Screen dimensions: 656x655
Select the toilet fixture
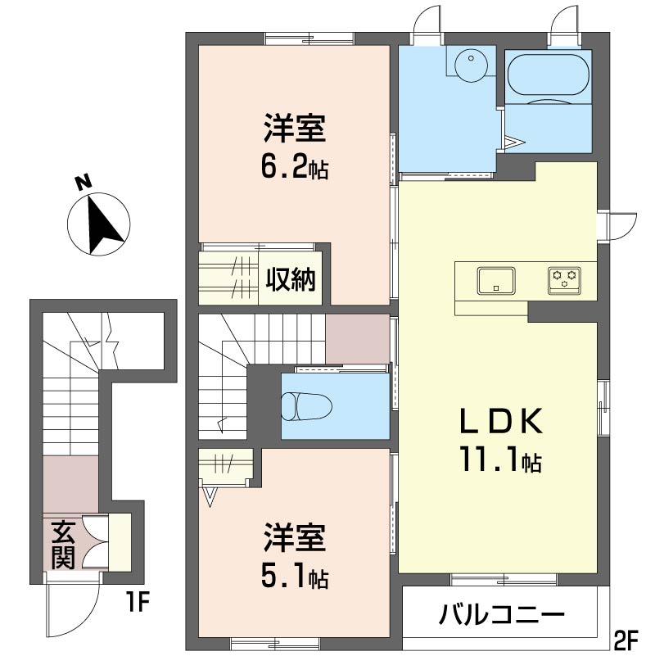[305, 405]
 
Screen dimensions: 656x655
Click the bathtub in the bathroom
[547, 76]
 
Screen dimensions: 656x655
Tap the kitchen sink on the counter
[495, 281]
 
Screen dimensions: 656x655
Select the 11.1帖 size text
[499, 463]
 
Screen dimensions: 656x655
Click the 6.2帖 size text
[295, 169]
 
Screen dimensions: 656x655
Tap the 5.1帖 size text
[295, 578]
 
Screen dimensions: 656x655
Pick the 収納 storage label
[290, 280]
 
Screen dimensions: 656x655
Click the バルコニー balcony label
[501, 614]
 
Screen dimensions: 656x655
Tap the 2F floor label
[626, 638]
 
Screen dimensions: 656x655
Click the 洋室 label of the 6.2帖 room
[295, 131]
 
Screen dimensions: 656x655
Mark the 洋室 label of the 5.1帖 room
[295, 541]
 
